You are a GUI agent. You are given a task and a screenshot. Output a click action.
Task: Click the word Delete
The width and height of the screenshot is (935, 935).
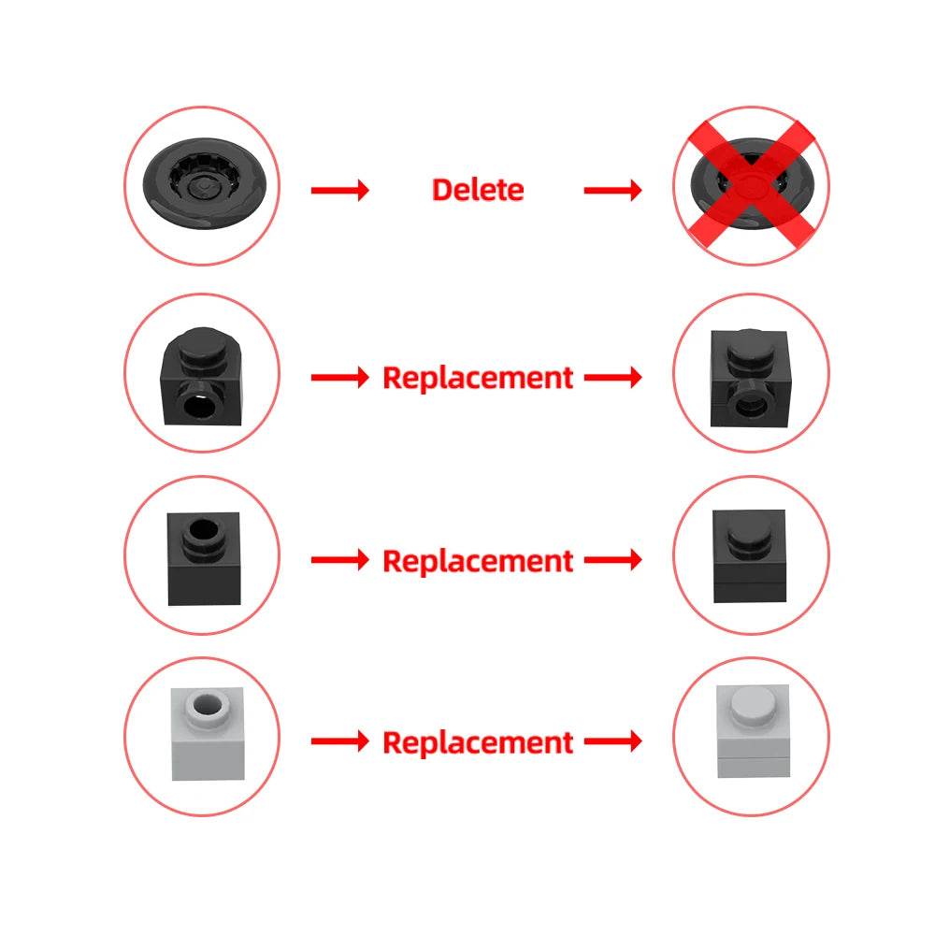click(477, 190)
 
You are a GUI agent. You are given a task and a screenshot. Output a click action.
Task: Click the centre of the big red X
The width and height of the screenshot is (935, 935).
click(751, 187)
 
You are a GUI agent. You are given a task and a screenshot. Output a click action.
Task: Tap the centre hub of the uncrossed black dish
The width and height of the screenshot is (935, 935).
click(201, 189)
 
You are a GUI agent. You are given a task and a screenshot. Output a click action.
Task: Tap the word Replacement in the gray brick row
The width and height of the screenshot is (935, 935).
click(478, 742)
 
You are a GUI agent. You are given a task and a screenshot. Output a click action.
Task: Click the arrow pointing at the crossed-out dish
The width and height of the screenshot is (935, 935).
click(613, 191)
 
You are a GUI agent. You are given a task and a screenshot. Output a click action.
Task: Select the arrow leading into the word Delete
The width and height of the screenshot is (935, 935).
click(340, 191)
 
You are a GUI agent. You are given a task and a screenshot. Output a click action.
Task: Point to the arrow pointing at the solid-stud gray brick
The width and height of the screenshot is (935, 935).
click(613, 742)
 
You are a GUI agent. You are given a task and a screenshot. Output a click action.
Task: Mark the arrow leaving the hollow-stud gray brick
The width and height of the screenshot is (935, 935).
click(340, 742)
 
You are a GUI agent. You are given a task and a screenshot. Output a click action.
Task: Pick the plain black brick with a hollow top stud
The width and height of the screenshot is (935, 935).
click(202, 558)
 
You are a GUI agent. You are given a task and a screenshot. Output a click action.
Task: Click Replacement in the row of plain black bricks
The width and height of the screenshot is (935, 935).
click(478, 561)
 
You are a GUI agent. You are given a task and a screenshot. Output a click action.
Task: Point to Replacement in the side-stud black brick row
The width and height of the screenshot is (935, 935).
click(478, 378)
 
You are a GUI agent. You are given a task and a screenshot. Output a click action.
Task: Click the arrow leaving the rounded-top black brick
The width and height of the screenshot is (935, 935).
click(340, 378)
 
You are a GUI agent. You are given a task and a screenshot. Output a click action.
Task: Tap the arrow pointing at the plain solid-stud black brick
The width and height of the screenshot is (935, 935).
click(613, 561)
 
